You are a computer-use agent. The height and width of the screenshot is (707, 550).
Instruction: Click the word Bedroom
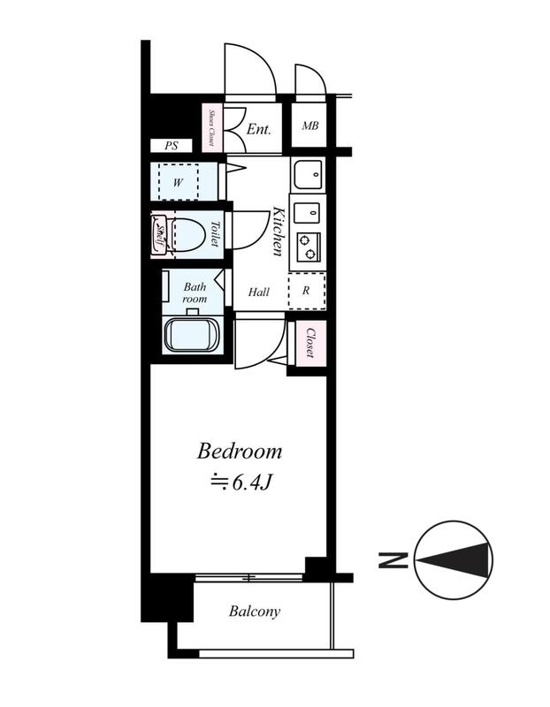[x=239, y=452]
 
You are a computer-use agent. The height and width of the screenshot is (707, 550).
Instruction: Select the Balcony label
[x=255, y=612]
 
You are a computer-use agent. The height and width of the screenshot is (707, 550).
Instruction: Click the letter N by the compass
[x=393, y=560]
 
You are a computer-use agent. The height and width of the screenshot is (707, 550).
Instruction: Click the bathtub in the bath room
[x=192, y=335]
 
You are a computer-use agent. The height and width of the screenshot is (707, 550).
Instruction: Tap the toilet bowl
[x=188, y=234]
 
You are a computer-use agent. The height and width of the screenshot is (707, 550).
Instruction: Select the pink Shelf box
[x=158, y=235]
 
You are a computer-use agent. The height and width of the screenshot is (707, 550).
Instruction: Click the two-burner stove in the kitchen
[x=309, y=247]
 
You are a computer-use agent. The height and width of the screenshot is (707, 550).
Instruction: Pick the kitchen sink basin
[x=309, y=174]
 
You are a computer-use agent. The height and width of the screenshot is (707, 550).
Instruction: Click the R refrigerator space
[x=307, y=291]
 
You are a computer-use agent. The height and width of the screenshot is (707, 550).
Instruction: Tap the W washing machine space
[x=179, y=181]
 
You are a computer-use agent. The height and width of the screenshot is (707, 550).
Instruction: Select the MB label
[x=310, y=125]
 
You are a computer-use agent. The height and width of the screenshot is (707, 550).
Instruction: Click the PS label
[x=171, y=146]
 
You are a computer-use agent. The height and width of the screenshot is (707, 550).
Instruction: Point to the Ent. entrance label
[x=259, y=130]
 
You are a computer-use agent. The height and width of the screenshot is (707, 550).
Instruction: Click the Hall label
[x=259, y=293]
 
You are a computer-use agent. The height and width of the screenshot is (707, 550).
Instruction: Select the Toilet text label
[x=215, y=233]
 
